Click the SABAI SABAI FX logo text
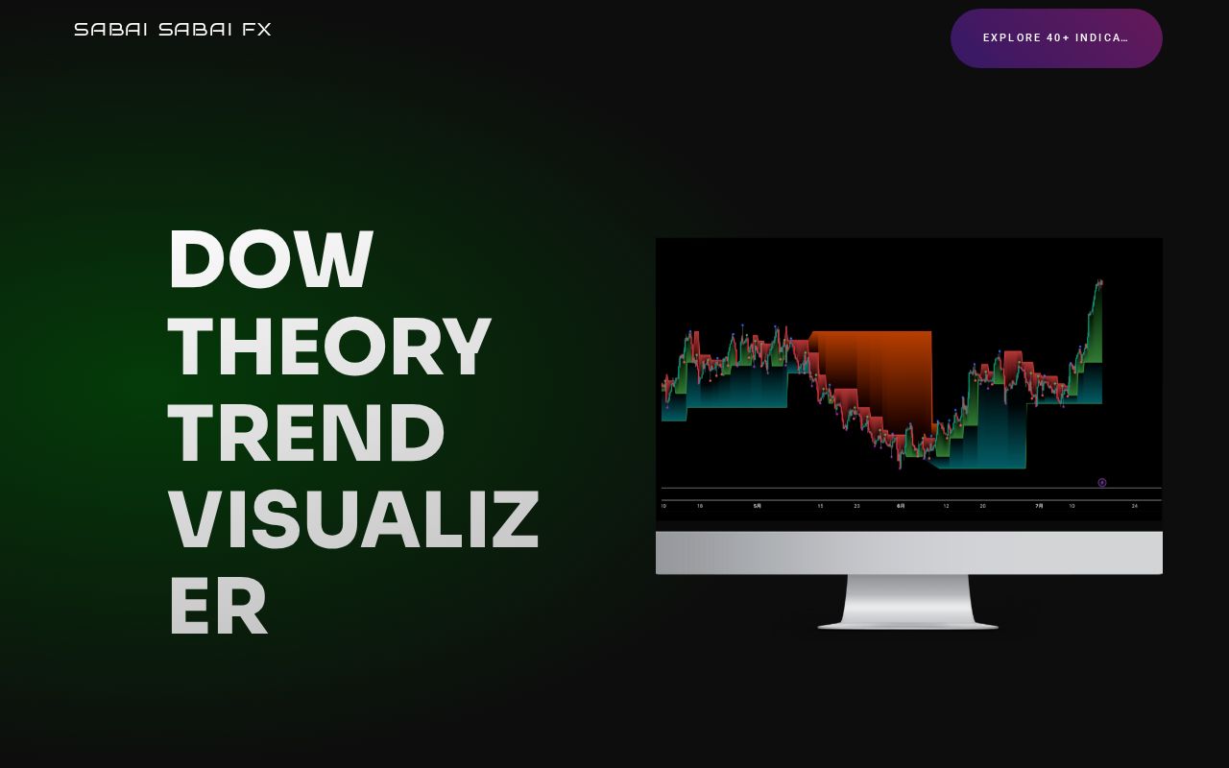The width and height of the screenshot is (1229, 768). tap(173, 30)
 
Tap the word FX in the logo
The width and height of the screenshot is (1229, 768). tap(257, 30)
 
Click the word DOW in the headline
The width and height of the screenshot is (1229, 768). tap(271, 260)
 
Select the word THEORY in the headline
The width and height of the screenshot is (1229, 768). tap(329, 347)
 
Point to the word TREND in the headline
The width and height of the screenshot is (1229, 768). tap(306, 433)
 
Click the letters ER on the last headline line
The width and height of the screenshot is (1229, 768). tap(218, 607)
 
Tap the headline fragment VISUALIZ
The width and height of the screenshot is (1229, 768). tap(353, 519)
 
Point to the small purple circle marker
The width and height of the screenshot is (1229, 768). tap(1102, 483)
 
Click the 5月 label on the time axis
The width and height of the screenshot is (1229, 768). tap(757, 506)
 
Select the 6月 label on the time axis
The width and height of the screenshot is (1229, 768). tap(901, 506)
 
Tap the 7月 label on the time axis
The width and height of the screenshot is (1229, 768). tap(1039, 506)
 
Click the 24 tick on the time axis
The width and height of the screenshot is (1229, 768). tap(1134, 506)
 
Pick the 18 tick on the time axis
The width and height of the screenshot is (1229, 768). tap(700, 506)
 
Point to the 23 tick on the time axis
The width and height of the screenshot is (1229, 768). tap(856, 506)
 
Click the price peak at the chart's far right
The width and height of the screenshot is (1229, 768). tap(1099, 282)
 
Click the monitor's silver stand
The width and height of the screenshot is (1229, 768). tap(908, 603)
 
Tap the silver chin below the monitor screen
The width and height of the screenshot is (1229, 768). tap(908, 552)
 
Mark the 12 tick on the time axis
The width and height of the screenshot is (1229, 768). tap(946, 506)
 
